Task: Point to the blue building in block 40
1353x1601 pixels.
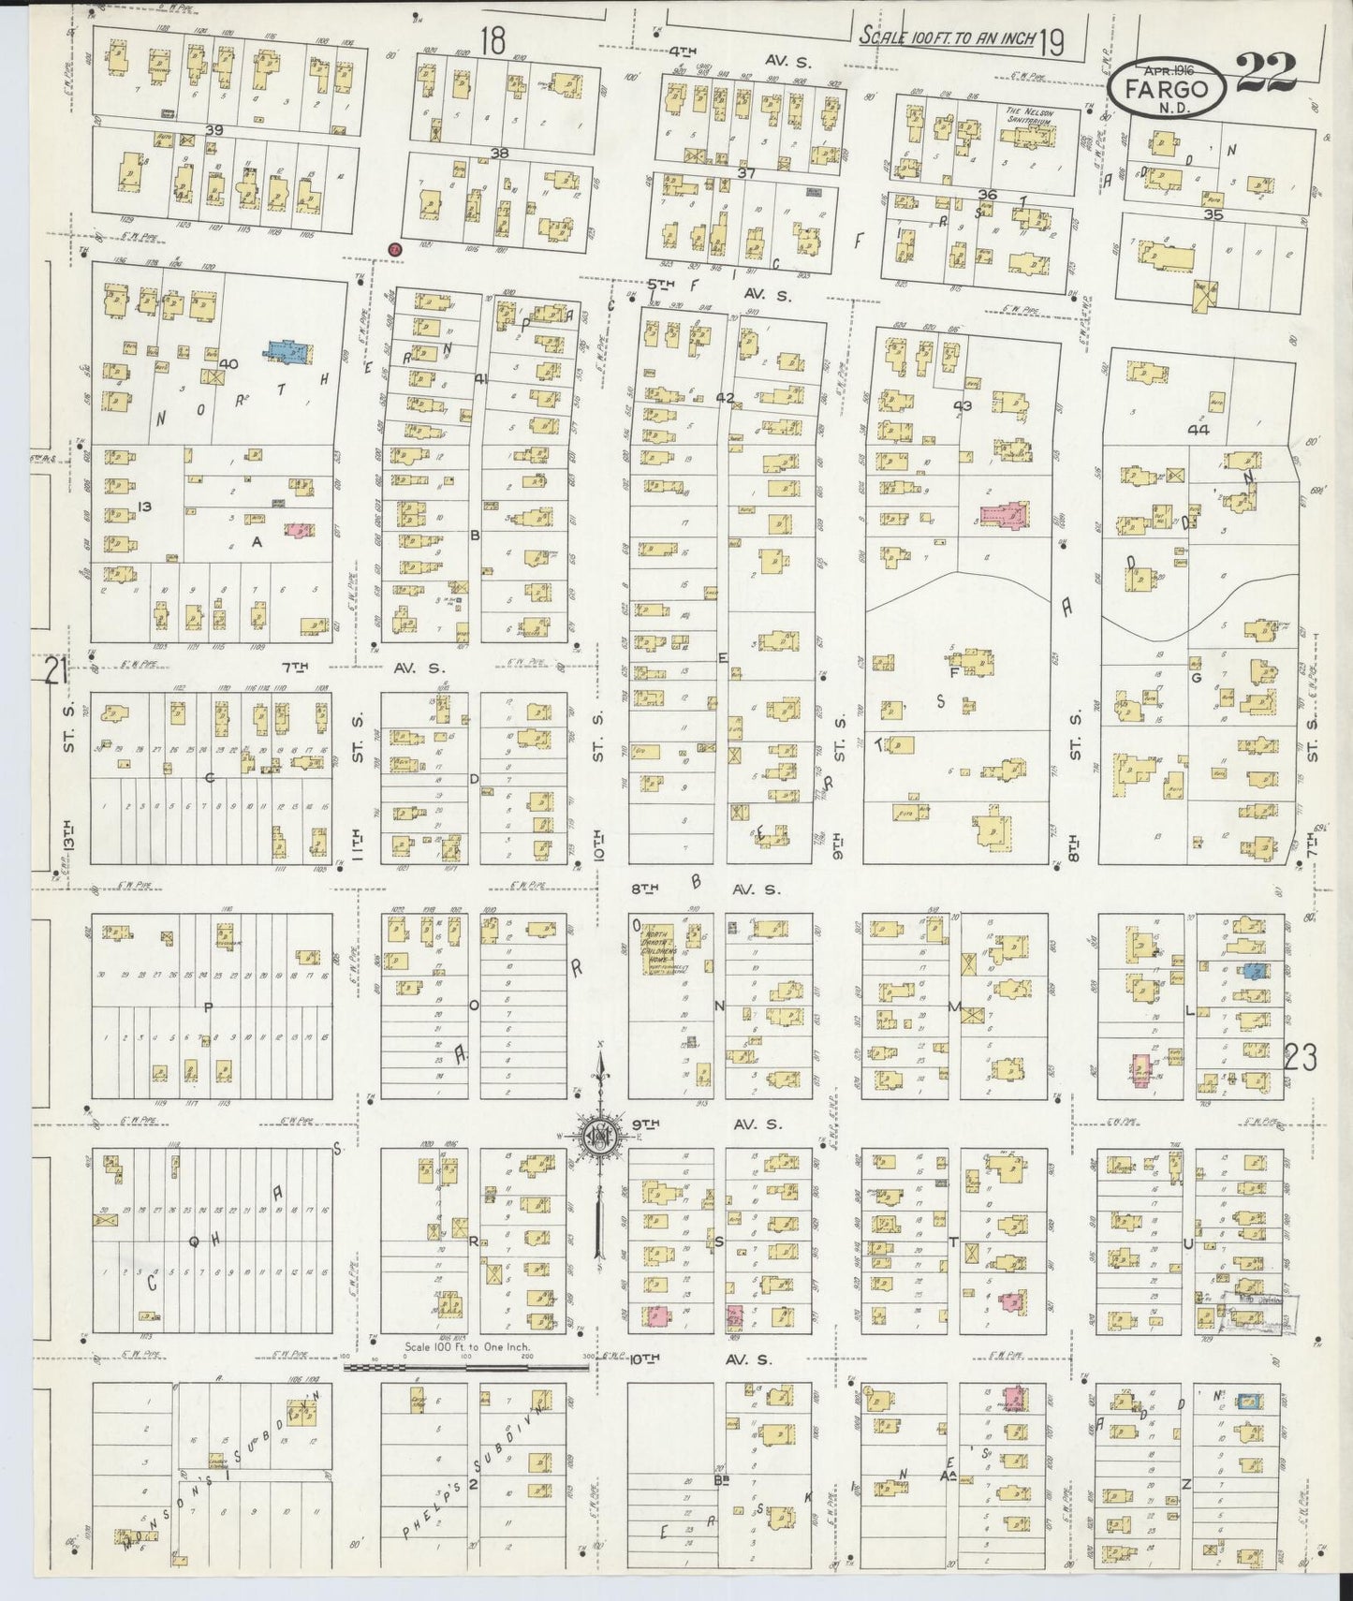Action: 291,351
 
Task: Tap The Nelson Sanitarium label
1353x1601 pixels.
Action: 1029,117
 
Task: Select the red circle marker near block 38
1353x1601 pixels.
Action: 395,249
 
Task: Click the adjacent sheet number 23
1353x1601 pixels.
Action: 1301,1059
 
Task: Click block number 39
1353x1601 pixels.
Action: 214,130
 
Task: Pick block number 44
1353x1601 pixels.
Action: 1199,430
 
